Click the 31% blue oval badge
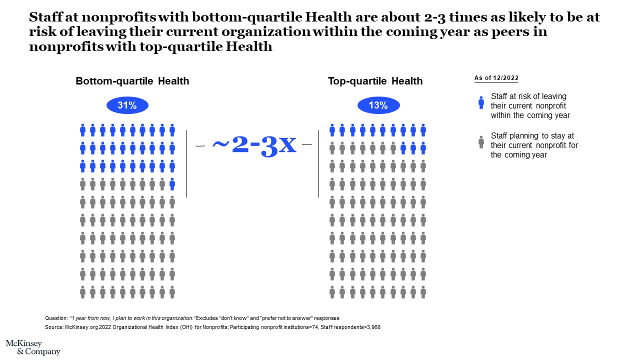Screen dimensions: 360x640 pyautogui.click(x=127, y=105)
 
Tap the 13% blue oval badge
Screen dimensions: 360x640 pyautogui.click(x=378, y=105)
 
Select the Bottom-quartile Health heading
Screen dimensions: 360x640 pyautogui.click(x=132, y=81)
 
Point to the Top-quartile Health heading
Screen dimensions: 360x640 pyautogui.click(x=375, y=81)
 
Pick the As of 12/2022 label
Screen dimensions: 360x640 pyautogui.click(x=496, y=78)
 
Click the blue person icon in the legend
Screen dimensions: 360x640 pyautogui.click(x=481, y=102)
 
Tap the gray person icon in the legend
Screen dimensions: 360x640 pyautogui.click(x=481, y=142)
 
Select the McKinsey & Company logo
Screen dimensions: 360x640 pyautogui.click(x=32, y=347)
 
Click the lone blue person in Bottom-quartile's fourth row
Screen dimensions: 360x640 pyautogui.click(x=172, y=184)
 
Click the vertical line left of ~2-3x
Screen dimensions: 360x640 pyautogui.click(x=187, y=163)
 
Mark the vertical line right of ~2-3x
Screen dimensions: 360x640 pyautogui.click(x=318, y=163)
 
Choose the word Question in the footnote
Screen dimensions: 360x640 pyautogui.click(x=55, y=318)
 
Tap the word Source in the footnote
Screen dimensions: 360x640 pyautogui.click(x=54, y=327)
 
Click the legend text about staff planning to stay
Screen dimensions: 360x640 pyautogui.click(x=534, y=145)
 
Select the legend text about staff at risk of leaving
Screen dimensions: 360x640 pyautogui.click(x=530, y=105)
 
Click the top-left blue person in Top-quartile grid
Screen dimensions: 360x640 pyautogui.click(x=332, y=130)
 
